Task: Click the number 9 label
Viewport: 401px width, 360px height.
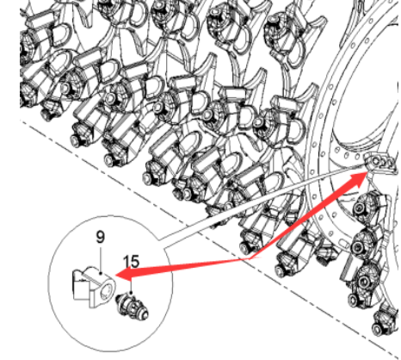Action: coord(101,237)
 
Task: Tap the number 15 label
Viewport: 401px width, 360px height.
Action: coord(131,262)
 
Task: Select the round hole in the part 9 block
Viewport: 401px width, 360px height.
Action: coord(107,290)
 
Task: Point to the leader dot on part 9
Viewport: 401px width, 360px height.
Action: coord(100,274)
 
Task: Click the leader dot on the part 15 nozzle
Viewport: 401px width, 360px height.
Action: coord(131,293)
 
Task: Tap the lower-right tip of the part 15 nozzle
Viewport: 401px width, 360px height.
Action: coord(147,315)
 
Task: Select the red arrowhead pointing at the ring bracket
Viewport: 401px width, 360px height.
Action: coord(359,179)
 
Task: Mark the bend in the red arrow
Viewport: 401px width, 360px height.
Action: coord(249,258)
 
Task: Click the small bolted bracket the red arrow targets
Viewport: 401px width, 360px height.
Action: coord(379,161)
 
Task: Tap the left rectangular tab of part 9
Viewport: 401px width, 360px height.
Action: coord(79,290)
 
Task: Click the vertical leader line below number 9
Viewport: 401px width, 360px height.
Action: coord(100,259)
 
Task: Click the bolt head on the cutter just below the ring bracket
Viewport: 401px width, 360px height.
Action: coord(359,208)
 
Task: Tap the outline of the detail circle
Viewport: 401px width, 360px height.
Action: coord(49,283)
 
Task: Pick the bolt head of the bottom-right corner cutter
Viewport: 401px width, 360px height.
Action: coord(378,328)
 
